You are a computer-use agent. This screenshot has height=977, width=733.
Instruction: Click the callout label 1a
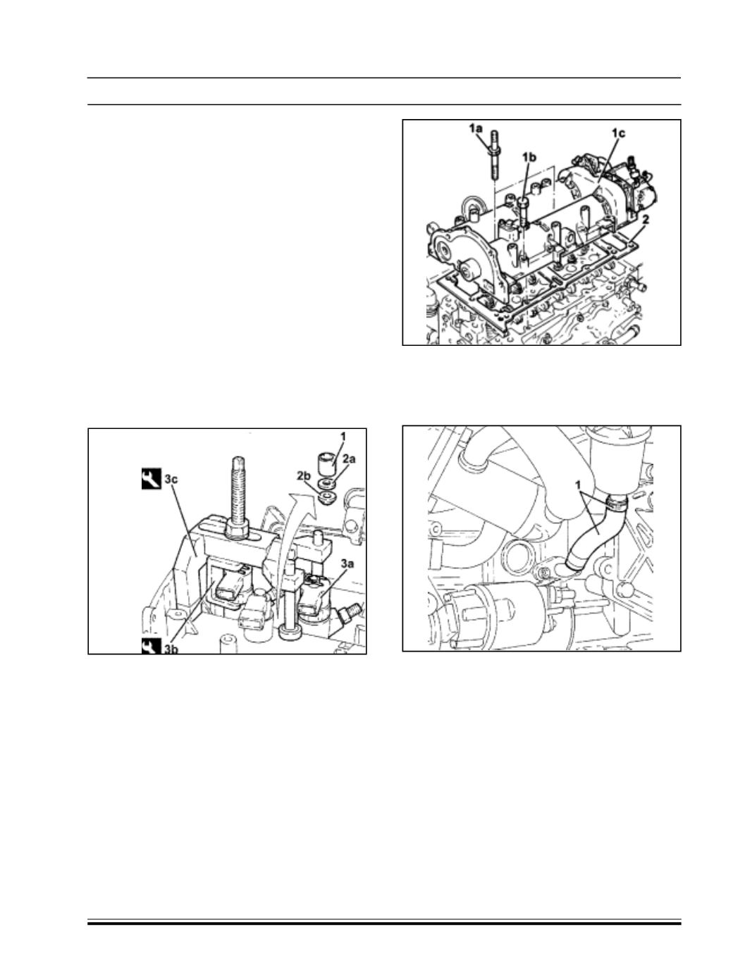tap(475, 128)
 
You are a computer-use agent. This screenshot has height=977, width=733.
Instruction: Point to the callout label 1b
tap(529, 157)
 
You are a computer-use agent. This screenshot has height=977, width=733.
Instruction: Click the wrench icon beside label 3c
tap(151, 479)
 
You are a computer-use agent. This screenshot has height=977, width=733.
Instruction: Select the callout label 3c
tap(171, 479)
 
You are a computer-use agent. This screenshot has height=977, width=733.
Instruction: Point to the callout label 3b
tap(171, 649)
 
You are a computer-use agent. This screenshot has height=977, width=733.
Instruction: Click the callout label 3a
tap(347, 564)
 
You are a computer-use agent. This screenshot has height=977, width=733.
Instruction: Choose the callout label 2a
tap(349, 459)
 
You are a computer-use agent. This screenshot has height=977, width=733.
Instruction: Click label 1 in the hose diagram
tap(580, 485)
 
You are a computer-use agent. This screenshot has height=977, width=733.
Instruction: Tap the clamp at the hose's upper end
tap(616, 504)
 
